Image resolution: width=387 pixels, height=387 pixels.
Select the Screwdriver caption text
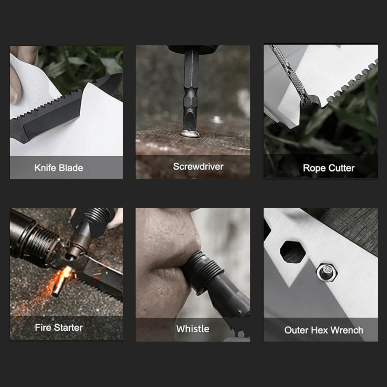pyautogui.click(x=198, y=167)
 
